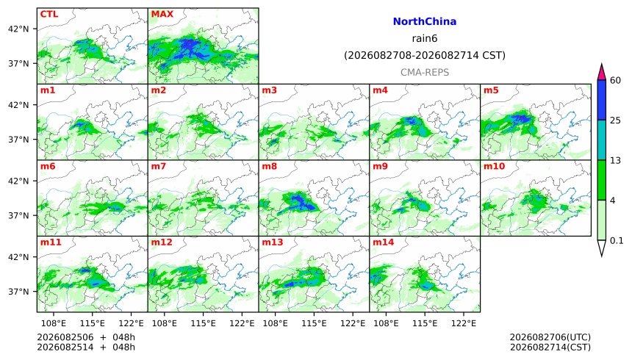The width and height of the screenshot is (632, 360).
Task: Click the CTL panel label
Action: (x=49, y=14)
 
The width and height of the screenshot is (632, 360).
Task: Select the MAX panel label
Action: (x=162, y=14)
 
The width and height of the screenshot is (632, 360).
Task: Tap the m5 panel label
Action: (x=491, y=90)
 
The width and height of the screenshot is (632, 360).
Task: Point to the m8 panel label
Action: (x=269, y=166)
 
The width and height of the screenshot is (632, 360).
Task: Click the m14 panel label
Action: (x=384, y=242)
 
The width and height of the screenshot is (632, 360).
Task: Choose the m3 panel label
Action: (x=269, y=90)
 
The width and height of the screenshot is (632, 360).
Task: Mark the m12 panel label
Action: (x=162, y=242)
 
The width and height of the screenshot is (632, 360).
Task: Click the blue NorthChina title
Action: (x=425, y=22)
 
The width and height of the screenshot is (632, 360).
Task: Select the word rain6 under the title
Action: (x=425, y=39)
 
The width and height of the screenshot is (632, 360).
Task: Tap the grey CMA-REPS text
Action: (x=425, y=73)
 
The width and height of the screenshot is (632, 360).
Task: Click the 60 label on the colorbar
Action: (x=616, y=80)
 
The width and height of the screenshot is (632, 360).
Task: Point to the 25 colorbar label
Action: (x=616, y=120)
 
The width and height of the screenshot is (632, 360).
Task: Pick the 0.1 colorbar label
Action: (x=617, y=241)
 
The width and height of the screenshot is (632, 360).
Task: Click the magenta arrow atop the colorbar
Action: (x=602, y=73)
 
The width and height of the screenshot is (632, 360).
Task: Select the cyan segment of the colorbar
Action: (x=602, y=140)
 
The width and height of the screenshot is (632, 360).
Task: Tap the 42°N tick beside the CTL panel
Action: (x=18, y=29)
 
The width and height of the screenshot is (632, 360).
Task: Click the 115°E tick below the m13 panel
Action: (x=314, y=323)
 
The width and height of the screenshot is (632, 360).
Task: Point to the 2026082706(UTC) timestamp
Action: (x=550, y=337)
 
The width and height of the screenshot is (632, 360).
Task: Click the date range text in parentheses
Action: (x=425, y=55)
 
